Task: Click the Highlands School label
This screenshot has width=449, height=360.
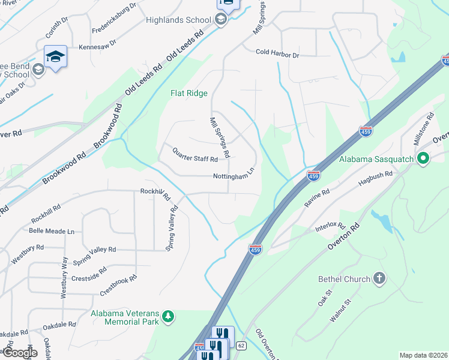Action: point(178,20)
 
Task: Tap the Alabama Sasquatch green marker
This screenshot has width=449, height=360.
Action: point(423,159)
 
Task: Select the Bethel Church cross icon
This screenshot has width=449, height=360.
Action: point(378,278)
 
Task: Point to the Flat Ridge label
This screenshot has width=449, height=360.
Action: point(189,93)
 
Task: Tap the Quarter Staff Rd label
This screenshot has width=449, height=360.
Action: point(195,155)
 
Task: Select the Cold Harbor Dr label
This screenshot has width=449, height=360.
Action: point(277,54)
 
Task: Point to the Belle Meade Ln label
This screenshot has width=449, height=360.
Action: point(52,231)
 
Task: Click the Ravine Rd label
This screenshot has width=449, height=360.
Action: point(317,199)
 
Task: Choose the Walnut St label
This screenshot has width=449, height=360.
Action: point(339,314)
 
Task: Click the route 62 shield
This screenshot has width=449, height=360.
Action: point(241,346)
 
